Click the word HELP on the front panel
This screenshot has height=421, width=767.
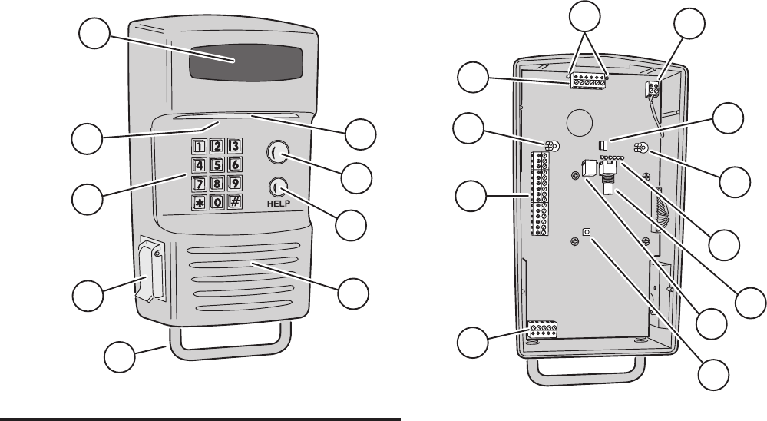tap(280, 206)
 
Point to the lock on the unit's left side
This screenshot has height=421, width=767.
tap(150, 272)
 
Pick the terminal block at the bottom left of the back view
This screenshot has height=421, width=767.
tap(543, 330)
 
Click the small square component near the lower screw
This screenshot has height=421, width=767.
tap(589, 230)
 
